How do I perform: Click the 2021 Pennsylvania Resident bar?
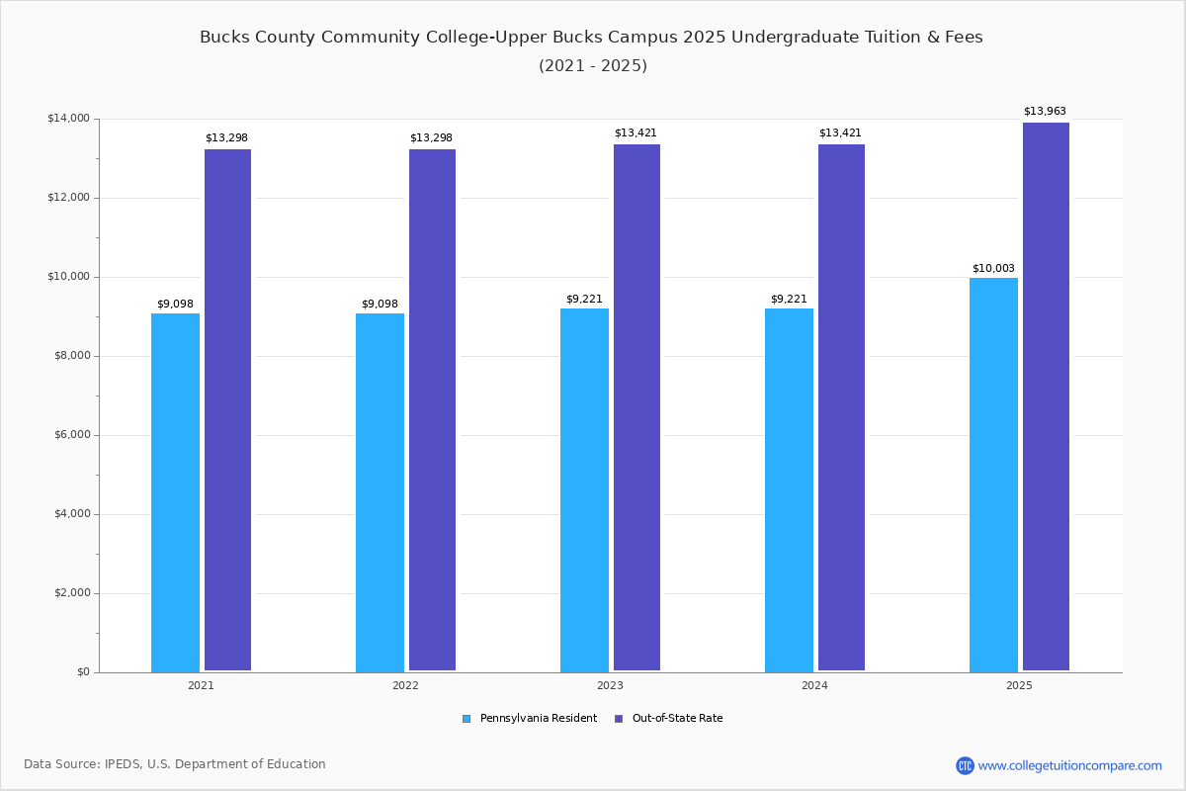175,492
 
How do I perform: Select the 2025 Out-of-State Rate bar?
1046,396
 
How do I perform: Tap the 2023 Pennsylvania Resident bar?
584,490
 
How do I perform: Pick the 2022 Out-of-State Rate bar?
432,410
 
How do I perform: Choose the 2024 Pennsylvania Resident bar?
789,490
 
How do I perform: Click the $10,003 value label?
993,268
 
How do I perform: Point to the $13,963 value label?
1045,111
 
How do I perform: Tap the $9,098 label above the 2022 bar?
380,304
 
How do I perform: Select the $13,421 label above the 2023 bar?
635,132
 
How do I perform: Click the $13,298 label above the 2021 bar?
226,137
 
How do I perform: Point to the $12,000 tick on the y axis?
69,198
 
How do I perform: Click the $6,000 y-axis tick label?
72,435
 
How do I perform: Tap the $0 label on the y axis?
84,672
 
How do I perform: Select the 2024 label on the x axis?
814,685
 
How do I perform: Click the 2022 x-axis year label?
405,685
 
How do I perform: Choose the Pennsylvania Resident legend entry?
530,719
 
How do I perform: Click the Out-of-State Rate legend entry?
669,719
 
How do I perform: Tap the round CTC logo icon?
965,765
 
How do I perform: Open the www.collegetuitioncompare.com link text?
1069,765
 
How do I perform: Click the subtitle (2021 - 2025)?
593,65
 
